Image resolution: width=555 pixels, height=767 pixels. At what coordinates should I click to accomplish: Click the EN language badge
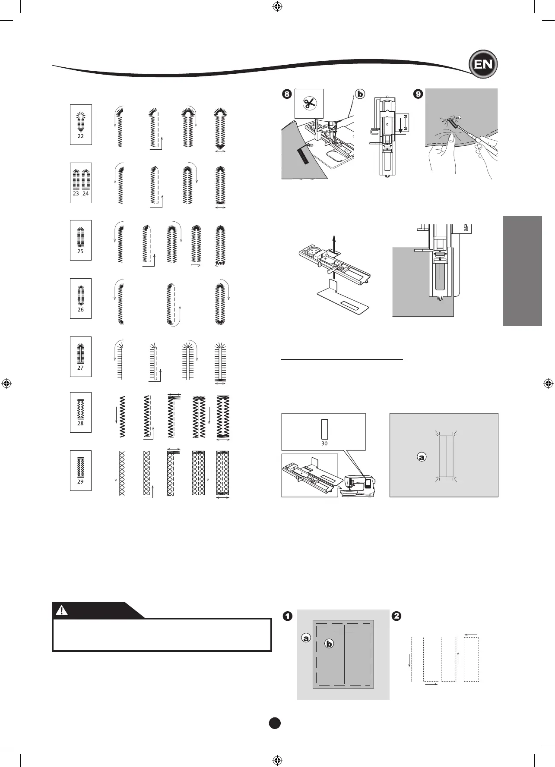click(x=483, y=64)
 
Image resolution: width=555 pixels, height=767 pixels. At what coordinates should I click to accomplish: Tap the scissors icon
click(x=309, y=104)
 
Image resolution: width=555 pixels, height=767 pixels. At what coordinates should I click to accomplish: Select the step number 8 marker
click(x=287, y=94)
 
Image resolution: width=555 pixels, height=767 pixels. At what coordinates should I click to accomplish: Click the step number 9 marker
click(x=418, y=94)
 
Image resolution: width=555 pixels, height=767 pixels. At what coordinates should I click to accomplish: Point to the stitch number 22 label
click(x=81, y=136)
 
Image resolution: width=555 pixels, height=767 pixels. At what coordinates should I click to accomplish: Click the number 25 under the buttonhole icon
click(x=80, y=251)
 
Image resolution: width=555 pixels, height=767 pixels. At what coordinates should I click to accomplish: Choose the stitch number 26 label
click(x=81, y=309)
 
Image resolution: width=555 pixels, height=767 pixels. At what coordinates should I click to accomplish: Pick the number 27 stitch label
click(x=81, y=368)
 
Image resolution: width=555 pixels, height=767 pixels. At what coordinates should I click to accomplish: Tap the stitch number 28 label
click(x=80, y=423)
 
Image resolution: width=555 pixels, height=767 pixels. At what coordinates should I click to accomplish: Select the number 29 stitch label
click(x=80, y=481)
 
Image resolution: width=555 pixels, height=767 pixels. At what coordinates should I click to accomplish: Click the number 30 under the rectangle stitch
click(x=324, y=443)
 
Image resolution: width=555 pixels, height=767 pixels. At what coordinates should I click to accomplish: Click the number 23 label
click(x=76, y=194)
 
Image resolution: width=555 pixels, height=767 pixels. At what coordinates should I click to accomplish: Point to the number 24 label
click(x=86, y=194)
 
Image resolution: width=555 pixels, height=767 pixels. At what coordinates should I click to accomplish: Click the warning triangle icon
click(x=62, y=610)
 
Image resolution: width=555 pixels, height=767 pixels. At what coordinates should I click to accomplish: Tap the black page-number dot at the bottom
click(x=275, y=723)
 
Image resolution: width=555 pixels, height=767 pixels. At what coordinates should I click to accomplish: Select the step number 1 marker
click(x=288, y=616)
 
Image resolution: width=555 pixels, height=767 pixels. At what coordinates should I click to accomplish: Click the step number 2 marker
click(x=396, y=616)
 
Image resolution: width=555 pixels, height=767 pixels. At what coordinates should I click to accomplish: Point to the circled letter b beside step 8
click(x=360, y=94)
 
